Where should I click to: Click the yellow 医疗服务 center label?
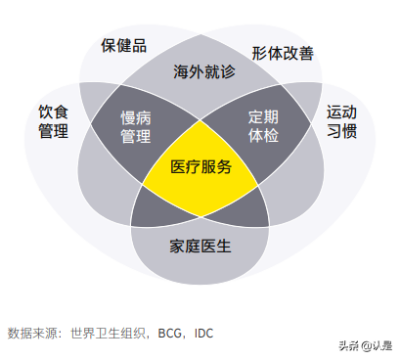click(x=200, y=166)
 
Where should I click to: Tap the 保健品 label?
click(x=123, y=46)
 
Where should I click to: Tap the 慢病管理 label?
click(x=136, y=126)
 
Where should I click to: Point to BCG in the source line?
click(x=168, y=333)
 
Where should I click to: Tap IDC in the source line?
click(x=203, y=333)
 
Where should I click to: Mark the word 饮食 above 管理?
click(x=54, y=112)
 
